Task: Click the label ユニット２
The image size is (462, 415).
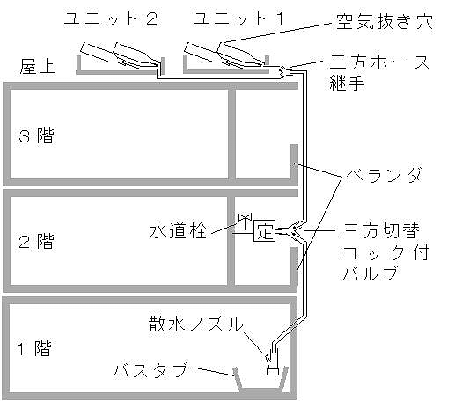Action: (x=111, y=18)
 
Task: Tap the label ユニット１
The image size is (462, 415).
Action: (x=238, y=18)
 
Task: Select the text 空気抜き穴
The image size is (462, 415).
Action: (x=385, y=21)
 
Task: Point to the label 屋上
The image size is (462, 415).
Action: (x=38, y=66)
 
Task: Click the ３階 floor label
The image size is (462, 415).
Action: (x=37, y=135)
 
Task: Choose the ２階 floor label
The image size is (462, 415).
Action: (x=37, y=241)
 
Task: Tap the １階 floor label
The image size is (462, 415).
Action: (x=34, y=348)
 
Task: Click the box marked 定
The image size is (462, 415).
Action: (x=264, y=230)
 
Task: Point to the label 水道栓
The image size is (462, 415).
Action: (x=178, y=230)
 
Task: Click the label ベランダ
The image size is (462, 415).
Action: (x=384, y=175)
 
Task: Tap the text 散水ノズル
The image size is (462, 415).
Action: (x=196, y=324)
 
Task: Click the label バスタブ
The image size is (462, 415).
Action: (x=150, y=369)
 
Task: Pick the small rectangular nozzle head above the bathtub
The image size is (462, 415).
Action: (x=273, y=372)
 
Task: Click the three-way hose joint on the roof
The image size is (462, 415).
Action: (x=284, y=72)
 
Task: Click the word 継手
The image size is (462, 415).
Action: (x=347, y=83)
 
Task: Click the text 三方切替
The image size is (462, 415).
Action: (x=381, y=230)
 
